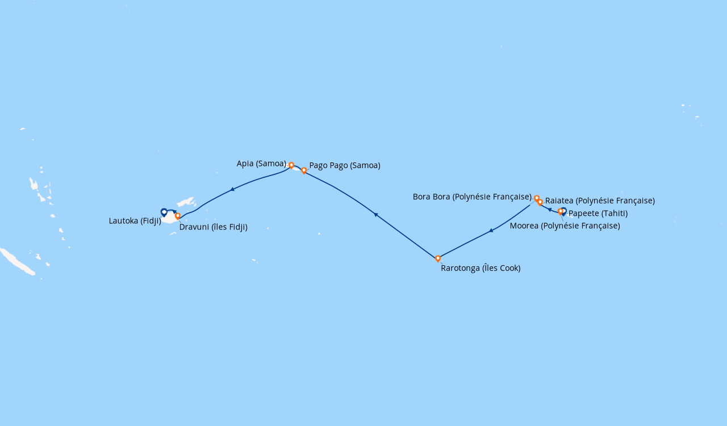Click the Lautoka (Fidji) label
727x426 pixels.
click(135, 221)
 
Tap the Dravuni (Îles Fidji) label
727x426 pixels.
click(213, 227)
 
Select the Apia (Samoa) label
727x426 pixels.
click(261, 164)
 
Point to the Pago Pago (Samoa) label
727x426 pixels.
click(345, 166)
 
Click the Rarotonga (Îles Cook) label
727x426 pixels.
click(481, 268)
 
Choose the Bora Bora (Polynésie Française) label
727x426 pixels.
click(472, 197)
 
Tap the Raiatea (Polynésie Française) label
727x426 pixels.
click(600, 201)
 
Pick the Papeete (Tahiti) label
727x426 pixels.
click(598, 214)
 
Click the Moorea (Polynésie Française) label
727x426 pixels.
click(565, 226)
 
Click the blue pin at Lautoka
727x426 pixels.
click(164, 212)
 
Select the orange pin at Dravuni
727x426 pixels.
click(178, 216)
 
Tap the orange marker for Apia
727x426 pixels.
click(291, 165)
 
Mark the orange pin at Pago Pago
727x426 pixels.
click(304, 170)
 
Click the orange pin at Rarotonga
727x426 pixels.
click(438, 258)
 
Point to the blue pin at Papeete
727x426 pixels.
click(563, 211)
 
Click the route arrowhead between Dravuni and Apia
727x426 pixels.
click(232, 189)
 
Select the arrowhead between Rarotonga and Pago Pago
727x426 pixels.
click(375, 214)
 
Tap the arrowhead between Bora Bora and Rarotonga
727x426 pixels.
click(491, 231)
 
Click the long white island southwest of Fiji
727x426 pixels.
click(17, 261)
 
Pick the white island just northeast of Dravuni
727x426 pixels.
click(186, 202)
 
